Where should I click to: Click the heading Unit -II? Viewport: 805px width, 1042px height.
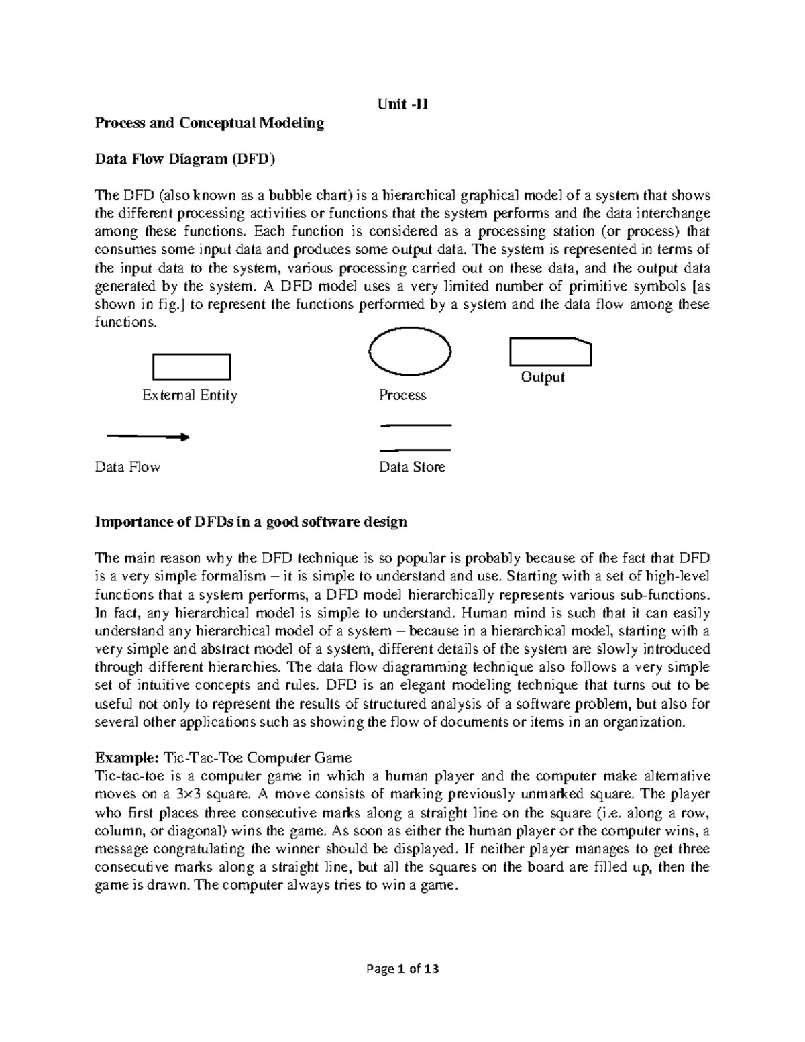click(402, 105)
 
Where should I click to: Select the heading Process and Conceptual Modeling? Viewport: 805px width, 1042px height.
click(209, 123)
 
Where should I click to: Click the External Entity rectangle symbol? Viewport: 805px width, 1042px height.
click(192, 367)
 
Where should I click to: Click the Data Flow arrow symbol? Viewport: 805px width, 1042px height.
click(148, 437)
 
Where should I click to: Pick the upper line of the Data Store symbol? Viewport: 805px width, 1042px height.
click(416, 425)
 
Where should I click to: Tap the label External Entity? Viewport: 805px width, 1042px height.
click(190, 395)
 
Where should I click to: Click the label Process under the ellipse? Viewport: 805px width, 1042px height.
click(402, 395)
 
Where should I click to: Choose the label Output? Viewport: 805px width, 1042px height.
click(543, 377)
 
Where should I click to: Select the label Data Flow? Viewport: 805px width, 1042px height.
click(127, 467)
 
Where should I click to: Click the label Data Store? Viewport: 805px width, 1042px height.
click(412, 467)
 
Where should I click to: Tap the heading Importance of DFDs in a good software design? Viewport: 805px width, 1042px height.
click(251, 522)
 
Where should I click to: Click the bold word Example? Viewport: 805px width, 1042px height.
click(125, 758)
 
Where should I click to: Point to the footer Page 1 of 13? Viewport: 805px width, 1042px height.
click(402, 969)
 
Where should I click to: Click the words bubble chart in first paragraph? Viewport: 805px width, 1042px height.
click(310, 195)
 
